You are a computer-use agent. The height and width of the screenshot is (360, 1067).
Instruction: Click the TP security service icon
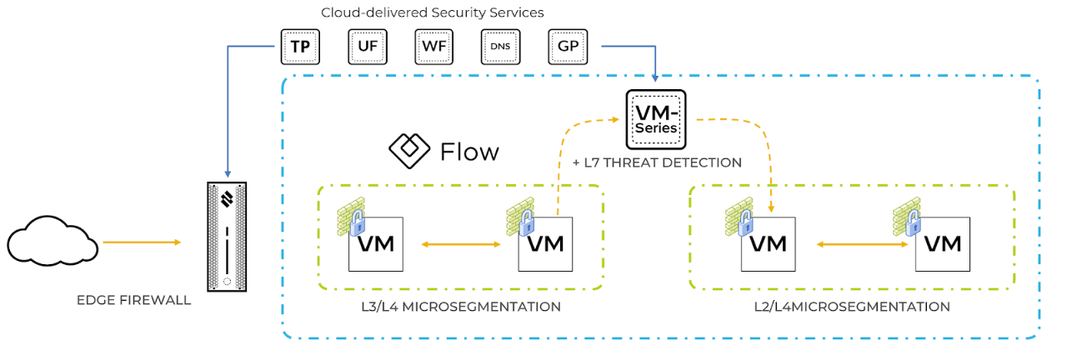click(300, 47)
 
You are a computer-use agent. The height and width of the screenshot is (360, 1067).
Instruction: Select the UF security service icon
click(368, 47)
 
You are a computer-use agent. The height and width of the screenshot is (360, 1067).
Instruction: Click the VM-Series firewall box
click(656, 119)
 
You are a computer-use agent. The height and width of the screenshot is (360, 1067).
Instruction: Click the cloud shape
click(53, 242)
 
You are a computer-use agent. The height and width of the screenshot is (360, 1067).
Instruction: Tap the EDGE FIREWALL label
click(133, 300)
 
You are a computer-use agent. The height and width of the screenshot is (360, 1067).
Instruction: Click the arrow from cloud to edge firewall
click(142, 242)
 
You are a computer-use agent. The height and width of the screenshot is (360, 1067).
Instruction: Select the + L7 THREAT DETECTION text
click(657, 162)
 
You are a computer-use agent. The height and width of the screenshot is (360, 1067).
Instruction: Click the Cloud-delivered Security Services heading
click(433, 12)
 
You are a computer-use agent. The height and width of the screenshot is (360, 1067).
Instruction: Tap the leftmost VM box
click(376, 244)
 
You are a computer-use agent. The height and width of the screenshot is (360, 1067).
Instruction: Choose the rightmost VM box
click(943, 244)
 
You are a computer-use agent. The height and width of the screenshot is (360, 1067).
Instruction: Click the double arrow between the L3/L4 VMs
click(460, 244)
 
